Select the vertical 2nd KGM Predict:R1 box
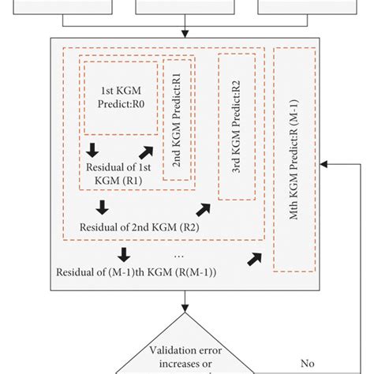coord(177,118)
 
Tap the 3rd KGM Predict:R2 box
coord(236,125)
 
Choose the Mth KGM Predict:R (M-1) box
coord(294,169)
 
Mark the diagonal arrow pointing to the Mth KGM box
coord(254,258)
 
